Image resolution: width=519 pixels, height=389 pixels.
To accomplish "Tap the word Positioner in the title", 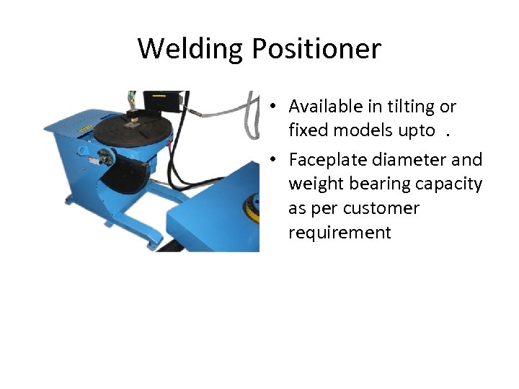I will point(316,49).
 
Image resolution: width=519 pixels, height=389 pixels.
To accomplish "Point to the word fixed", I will point(307,130).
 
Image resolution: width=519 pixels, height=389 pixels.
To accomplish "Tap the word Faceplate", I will point(328,159).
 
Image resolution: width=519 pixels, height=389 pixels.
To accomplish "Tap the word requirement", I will point(340,233).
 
